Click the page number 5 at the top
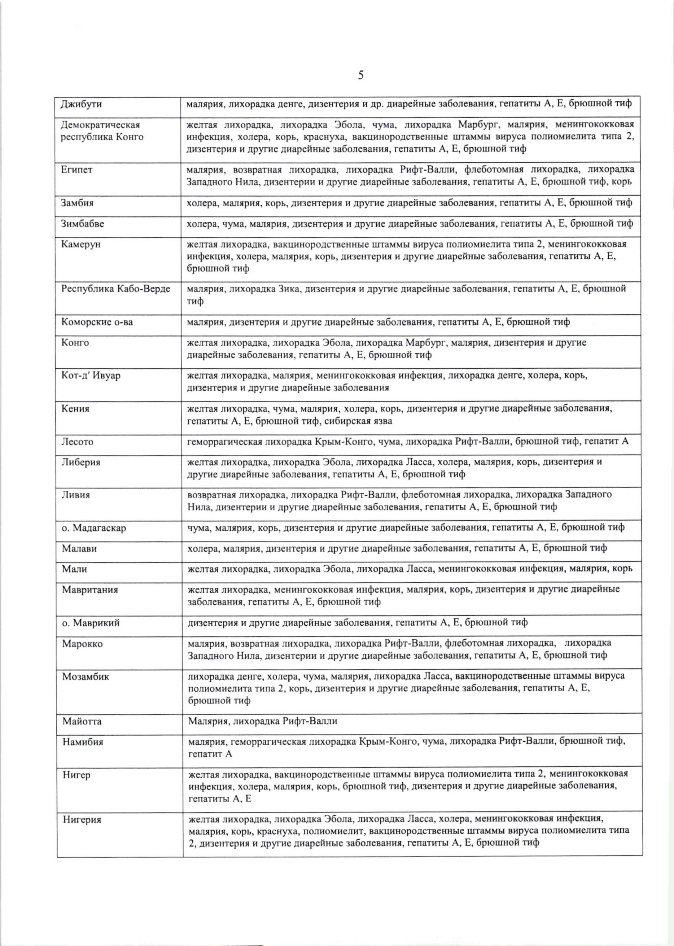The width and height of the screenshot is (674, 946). [361, 75]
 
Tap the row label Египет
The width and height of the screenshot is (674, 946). [77, 170]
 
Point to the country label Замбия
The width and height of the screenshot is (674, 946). [77, 203]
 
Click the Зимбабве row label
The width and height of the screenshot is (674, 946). [82, 224]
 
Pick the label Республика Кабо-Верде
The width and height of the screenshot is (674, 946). [116, 289]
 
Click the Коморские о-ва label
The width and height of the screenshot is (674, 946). [97, 322]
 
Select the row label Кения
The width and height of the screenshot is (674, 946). [75, 409]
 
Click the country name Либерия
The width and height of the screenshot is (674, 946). [81, 462]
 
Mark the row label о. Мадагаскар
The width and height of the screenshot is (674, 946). [94, 528]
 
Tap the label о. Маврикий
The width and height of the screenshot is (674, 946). [91, 623]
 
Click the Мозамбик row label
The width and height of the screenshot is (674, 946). [86, 677]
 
